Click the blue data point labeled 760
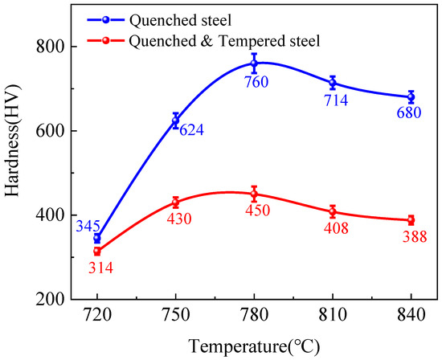(x=254, y=63)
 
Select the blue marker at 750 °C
(x=176, y=121)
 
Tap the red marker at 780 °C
(x=254, y=194)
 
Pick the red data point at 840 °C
(x=411, y=220)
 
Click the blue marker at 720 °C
(x=97, y=238)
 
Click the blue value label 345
(x=88, y=227)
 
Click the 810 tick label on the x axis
(x=333, y=316)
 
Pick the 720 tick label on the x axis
(x=97, y=316)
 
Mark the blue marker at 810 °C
(x=333, y=83)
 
